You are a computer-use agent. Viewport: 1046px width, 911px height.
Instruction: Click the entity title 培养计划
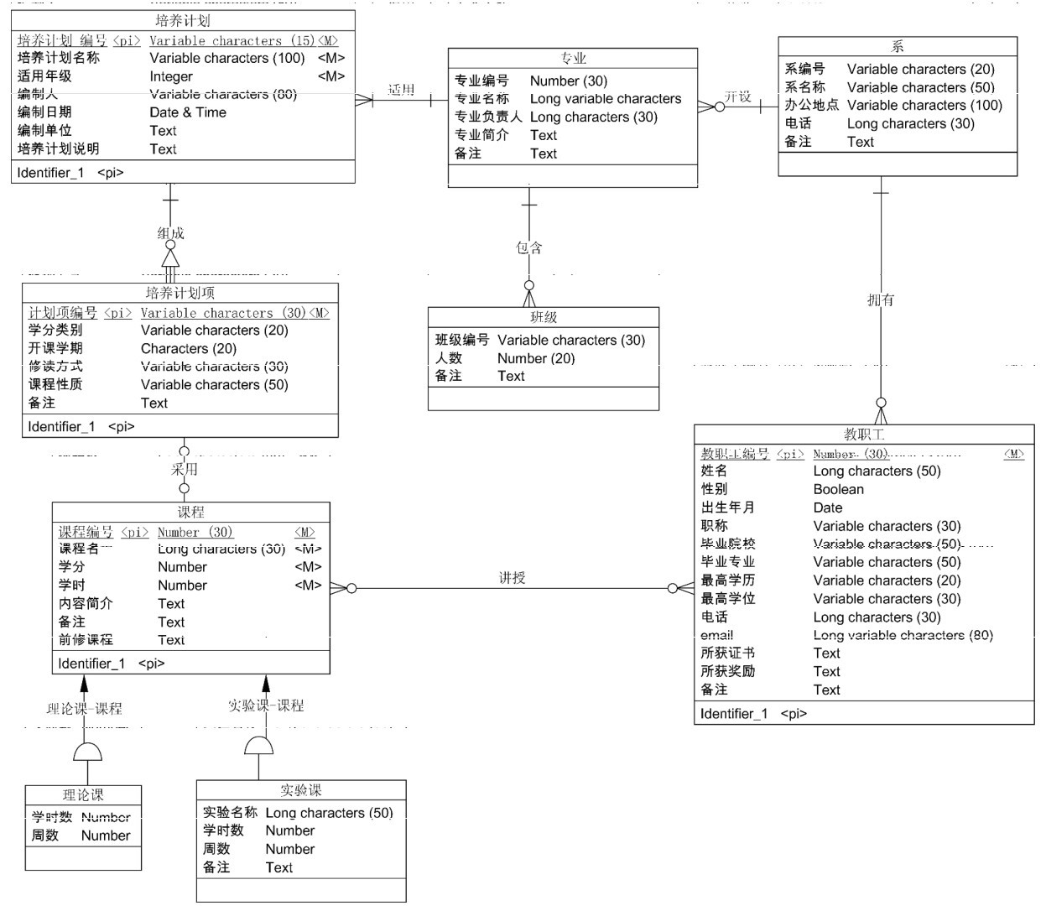tap(183, 20)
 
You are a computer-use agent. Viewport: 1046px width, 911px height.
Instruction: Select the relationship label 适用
tap(402, 90)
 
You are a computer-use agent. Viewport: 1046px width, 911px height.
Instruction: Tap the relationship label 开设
tap(738, 96)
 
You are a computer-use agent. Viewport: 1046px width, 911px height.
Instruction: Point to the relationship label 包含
tap(529, 247)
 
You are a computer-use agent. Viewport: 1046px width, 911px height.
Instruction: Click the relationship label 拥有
tap(881, 299)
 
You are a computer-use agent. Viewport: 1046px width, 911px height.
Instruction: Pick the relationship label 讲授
tap(512, 577)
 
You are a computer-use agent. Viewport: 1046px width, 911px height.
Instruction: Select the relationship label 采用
tap(185, 469)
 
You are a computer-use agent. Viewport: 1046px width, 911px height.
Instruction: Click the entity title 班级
tap(544, 317)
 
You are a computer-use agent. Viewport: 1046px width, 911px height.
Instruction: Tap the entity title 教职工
tap(864, 435)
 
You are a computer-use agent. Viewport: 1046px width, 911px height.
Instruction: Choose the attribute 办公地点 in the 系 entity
tap(811, 105)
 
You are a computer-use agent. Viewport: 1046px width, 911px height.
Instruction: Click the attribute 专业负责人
tap(488, 117)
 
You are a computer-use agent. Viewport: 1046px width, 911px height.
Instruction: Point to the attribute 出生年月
tap(728, 508)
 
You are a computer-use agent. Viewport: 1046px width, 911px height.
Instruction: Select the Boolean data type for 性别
tap(838, 489)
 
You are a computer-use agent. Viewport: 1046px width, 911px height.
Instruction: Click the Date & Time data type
tap(188, 112)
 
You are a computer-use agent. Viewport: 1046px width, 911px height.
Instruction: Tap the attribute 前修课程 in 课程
tap(86, 640)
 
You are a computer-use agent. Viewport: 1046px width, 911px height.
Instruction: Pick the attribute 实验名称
tap(230, 813)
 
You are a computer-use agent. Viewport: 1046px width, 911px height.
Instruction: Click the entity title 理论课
tap(83, 794)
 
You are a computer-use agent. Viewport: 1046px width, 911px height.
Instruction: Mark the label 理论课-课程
tap(84, 709)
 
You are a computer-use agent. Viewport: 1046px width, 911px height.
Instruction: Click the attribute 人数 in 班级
tap(449, 358)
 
